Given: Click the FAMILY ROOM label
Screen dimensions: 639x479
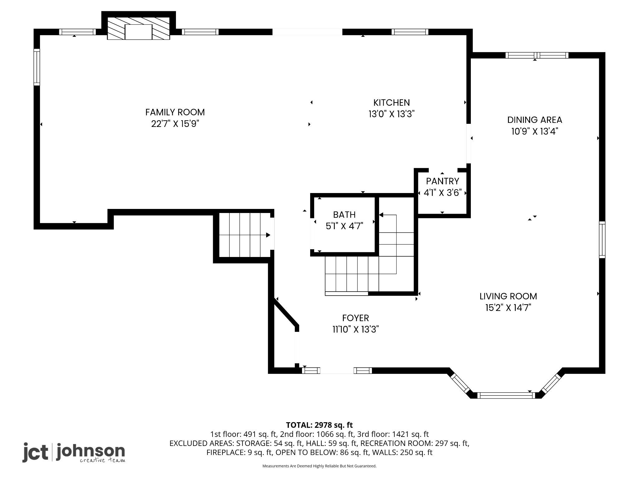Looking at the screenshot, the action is click(175, 112).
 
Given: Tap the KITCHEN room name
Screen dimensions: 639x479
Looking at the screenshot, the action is click(392, 103).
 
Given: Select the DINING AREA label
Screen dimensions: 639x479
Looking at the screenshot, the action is click(534, 120).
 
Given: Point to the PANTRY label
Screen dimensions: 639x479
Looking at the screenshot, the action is click(442, 181).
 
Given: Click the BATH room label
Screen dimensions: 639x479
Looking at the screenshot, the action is click(344, 215).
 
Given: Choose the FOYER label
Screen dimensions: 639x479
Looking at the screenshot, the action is click(355, 318).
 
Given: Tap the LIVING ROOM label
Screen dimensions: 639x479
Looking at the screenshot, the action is click(508, 296).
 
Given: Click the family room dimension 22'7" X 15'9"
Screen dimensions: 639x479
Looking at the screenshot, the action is click(175, 124).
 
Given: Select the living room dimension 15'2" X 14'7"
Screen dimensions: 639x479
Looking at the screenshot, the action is click(508, 308).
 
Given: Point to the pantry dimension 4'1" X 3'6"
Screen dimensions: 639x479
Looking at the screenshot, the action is click(442, 193).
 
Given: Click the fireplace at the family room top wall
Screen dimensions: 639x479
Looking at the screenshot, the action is click(139, 28).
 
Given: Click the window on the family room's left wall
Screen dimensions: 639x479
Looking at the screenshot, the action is click(37, 67).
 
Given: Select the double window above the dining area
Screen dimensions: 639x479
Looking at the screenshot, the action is click(537, 56).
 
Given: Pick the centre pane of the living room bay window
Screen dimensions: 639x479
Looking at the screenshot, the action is click(506, 395).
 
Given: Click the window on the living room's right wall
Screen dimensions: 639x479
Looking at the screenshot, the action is click(602, 240).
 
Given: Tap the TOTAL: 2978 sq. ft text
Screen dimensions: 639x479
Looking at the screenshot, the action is click(319, 425).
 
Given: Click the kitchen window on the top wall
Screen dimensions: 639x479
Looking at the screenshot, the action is click(410, 32).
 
